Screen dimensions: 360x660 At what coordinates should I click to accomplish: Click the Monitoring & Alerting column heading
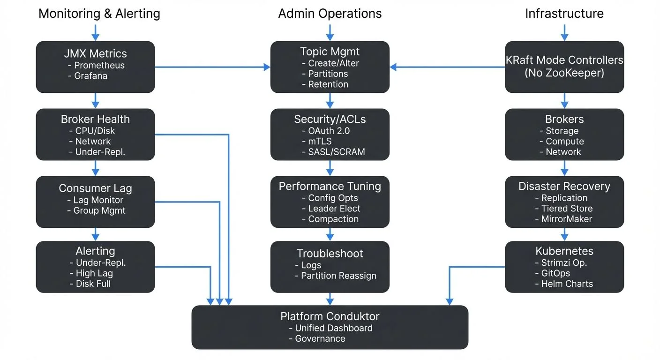(x=99, y=14)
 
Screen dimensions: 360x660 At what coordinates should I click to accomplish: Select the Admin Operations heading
(x=330, y=14)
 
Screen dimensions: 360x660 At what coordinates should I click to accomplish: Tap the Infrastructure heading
(x=564, y=14)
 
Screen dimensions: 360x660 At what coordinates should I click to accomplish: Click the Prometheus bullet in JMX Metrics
(x=99, y=65)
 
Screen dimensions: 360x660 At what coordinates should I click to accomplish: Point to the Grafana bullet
(x=90, y=75)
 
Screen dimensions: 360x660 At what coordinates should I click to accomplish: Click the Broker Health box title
(x=95, y=119)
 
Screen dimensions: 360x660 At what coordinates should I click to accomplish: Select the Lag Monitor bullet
(x=98, y=200)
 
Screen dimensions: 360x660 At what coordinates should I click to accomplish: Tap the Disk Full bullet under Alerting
(x=93, y=284)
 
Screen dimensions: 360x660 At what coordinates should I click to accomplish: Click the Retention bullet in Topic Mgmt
(x=328, y=84)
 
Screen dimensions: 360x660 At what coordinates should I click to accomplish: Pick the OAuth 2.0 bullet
(x=329, y=131)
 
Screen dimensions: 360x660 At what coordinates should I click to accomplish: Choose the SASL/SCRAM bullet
(x=336, y=151)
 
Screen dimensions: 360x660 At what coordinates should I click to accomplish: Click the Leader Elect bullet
(x=334, y=209)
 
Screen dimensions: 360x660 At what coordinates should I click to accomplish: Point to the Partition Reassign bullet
(x=338, y=276)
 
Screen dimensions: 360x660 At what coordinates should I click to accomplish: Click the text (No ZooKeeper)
(x=564, y=73)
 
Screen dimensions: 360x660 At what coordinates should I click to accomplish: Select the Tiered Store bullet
(x=567, y=209)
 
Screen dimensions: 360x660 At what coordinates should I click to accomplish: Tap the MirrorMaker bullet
(x=566, y=219)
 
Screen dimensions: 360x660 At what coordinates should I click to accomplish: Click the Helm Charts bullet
(x=567, y=284)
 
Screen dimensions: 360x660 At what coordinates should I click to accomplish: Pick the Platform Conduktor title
(x=330, y=316)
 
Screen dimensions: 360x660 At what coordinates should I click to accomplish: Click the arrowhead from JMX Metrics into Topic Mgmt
(x=267, y=67)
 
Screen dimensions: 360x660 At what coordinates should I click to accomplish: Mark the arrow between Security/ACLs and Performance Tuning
(x=330, y=167)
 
